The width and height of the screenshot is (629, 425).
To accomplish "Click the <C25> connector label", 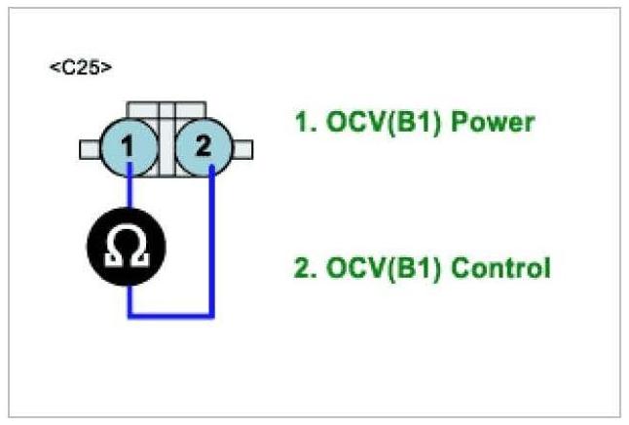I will (80, 69).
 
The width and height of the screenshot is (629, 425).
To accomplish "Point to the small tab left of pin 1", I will (90, 149).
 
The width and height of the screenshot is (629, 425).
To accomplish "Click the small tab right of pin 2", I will (243, 149).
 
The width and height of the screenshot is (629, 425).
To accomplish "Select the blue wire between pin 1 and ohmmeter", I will (129, 195).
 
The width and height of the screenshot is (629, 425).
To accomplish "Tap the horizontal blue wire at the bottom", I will (170, 315).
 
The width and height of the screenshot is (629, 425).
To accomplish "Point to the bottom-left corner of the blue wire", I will (129, 315).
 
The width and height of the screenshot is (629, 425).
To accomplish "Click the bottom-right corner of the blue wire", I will (211, 315).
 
